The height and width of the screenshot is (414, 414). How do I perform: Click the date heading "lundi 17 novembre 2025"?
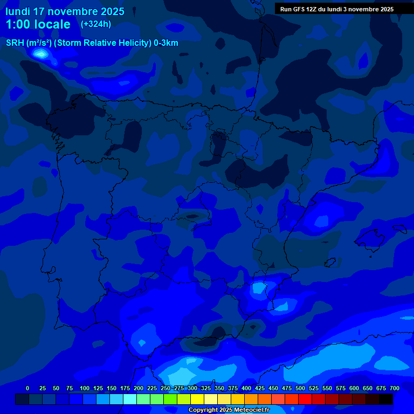65,11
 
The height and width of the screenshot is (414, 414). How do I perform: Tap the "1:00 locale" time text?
38,24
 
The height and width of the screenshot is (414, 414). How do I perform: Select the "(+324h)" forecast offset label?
96,24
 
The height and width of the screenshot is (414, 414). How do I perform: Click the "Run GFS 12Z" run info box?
337,9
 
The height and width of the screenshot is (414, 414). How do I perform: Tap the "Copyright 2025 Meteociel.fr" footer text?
229,410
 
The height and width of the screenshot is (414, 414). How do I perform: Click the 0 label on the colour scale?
27,388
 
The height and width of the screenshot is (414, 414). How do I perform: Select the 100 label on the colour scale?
85,388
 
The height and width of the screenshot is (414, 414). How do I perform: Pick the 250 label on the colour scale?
165,388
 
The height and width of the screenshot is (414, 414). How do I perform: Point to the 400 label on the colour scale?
246,388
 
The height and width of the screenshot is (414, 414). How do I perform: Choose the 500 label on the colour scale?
300,388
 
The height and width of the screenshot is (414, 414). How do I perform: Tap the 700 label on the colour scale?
395,388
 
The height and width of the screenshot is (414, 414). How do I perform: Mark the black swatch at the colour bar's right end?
386,399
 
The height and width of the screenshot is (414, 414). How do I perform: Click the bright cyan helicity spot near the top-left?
40,53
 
